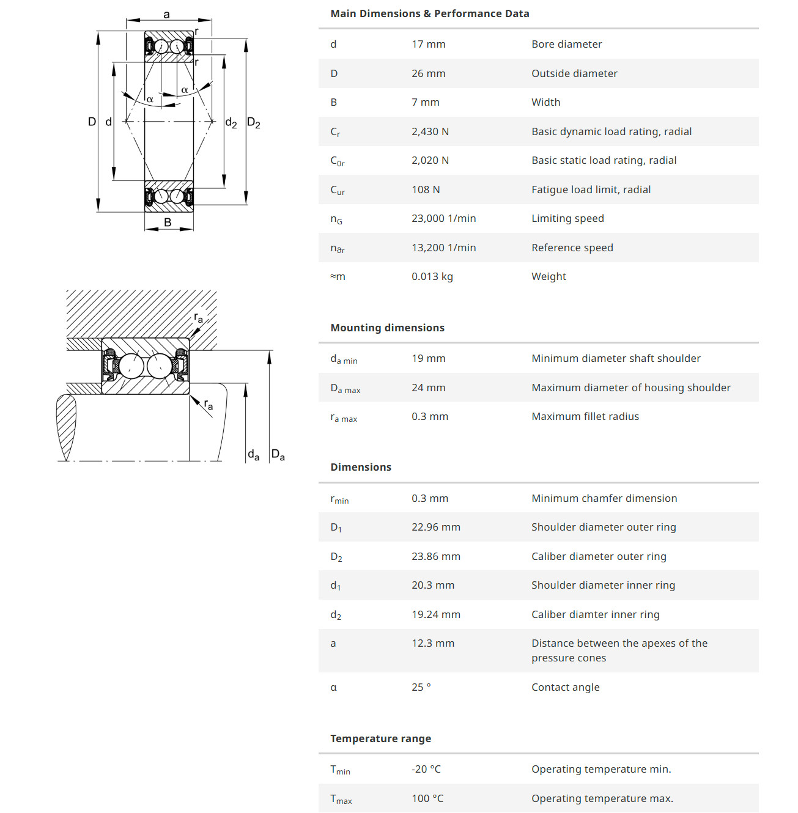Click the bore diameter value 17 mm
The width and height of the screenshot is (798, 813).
(428, 44)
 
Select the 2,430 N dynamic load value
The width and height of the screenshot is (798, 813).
(430, 131)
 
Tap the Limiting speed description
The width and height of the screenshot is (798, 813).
(567, 219)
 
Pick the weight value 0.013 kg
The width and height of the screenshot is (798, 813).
(432, 277)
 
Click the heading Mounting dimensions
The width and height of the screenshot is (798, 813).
(387, 328)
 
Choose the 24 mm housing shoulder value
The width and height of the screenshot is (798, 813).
(428, 388)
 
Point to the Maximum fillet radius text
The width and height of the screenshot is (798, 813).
(585, 416)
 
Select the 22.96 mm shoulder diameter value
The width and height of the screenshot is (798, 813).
(436, 528)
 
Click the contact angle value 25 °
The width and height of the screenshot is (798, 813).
(421, 687)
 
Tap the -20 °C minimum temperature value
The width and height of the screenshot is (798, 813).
(426, 769)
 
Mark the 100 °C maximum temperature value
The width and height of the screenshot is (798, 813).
(427, 798)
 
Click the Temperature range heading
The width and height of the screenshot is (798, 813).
(380, 738)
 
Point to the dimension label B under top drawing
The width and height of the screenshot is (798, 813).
(168, 223)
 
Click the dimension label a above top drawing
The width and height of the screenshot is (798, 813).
(167, 15)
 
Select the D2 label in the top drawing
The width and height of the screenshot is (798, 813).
(253, 122)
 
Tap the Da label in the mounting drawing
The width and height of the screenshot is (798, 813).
(278, 454)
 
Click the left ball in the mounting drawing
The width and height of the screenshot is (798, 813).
(131, 366)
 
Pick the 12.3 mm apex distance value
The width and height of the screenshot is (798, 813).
(433, 644)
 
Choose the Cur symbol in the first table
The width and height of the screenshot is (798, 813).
(338, 190)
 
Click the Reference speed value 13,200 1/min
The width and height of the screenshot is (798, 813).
(444, 248)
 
